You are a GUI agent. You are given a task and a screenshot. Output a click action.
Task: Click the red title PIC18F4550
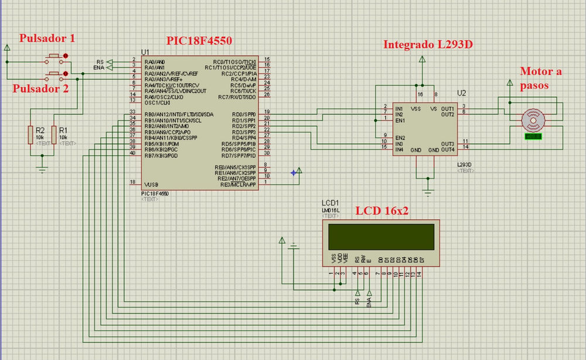pyautogui.click(x=199, y=40)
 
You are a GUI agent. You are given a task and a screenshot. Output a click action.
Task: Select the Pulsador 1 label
pyautogui.click(x=47, y=39)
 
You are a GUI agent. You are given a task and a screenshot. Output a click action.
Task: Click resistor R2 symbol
pyautogui.click(x=30, y=134)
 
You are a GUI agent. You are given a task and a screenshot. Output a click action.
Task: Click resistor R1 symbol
pyautogui.click(x=53, y=134)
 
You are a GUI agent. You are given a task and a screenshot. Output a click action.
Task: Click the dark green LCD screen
pyautogui.click(x=381, y=237)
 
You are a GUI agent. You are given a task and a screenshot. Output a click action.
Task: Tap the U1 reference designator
pyautogui.click(x=145, y=52)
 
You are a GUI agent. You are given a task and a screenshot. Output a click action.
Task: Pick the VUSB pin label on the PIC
pyautogui.click(x=151, y=185)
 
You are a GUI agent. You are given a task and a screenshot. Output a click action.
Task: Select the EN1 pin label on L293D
pyautogui.click(x=400, y=120)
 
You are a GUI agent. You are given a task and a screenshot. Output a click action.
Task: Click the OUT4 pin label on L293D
pyautogui.click(x=448, y=150)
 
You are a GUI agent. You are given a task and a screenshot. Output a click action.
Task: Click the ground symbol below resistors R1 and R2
pyautogui.click(x=42, y=169)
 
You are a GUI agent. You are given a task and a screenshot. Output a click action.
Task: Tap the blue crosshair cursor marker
pyautogui.click(x=293, y=172)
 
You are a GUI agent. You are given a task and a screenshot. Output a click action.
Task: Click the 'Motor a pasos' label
pyautogui.click(x=540, y=77)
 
